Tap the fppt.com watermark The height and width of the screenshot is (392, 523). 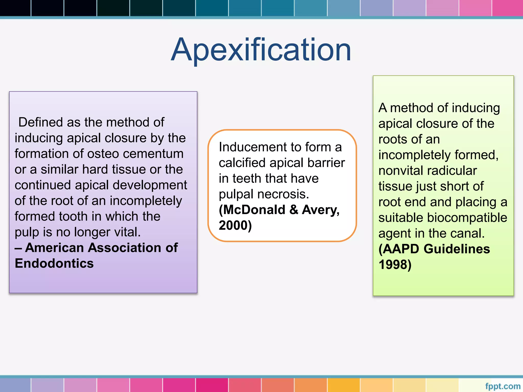[x=503, y=386]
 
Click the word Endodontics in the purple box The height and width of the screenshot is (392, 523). [x=54, y=263]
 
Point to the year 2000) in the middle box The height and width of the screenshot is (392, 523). [x=235, y=226]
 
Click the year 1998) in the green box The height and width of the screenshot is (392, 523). [x=395, y=265]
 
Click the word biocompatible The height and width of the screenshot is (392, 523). [x=467, y=218]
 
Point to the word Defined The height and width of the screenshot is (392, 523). [x=41, y=122]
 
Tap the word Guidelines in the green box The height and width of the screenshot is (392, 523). [x=457, y=249]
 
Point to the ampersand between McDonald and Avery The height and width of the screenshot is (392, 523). [x=294, y=210]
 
